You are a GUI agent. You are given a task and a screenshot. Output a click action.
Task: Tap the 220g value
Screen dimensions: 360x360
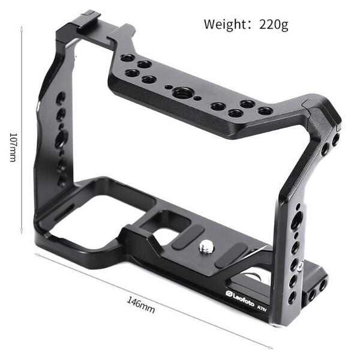click(274, 25)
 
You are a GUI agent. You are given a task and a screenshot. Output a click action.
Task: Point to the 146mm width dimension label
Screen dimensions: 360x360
click(141, 305)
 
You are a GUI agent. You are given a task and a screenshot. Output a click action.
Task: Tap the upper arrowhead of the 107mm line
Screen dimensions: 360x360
click(22, 28)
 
